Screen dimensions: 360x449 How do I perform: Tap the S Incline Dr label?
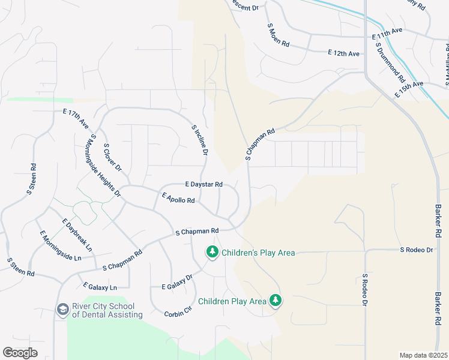click(x=199, y=140)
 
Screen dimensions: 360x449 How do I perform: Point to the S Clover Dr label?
click(x=112, y=157)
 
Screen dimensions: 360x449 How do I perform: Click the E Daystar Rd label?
click(x=204, y=184)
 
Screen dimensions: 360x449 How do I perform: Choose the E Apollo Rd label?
click(x=178, y=197)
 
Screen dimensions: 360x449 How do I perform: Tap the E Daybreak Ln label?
click(x=77, y=234)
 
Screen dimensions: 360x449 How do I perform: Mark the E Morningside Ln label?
click(x=60, y=246)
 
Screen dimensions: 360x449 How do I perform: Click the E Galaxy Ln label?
click(x=100, y=286)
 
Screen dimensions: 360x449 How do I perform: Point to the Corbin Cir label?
click(x=180, y=313)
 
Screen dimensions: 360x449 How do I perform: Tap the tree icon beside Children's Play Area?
click(x=211, y=252)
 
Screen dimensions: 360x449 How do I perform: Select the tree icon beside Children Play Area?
click(x=275, y=300)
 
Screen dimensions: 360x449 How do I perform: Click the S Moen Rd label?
click(x=278, y=36)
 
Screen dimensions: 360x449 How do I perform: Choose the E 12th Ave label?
click(x=343, y=54)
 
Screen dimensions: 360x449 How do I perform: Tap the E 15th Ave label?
click(x=409, y=90)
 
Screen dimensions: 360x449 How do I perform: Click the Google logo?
click(x=20, y=353)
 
